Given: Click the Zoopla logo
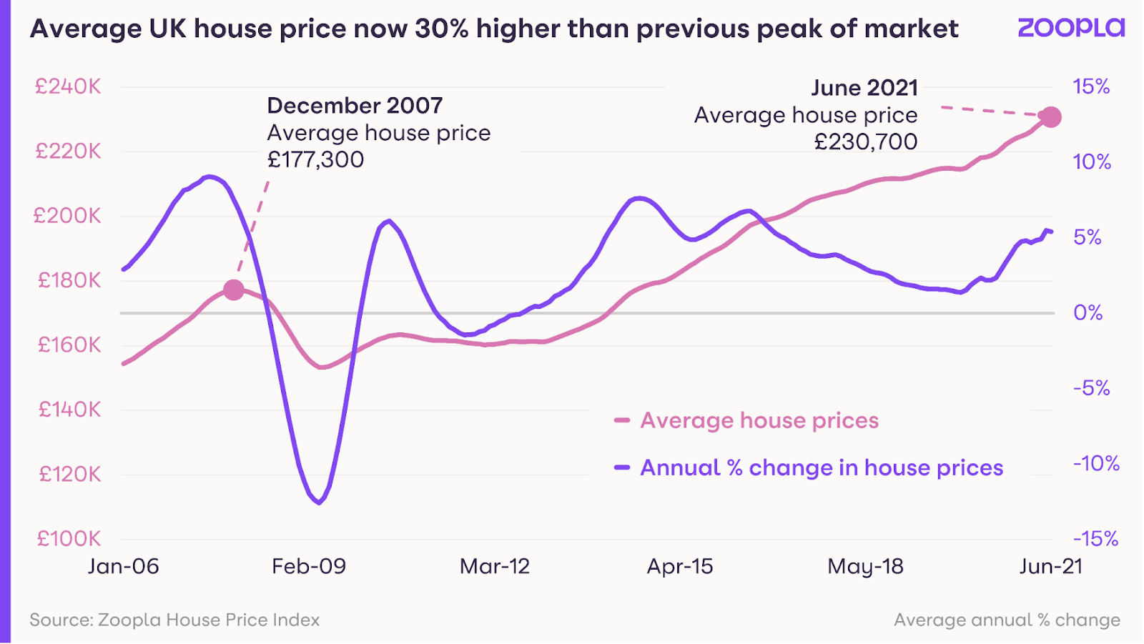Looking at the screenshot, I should point(1070,28).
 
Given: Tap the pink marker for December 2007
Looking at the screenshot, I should point(234,290).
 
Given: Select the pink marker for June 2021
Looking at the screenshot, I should point(1050,117).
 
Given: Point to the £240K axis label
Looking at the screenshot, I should point(69,87).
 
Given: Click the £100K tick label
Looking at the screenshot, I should point(69,539).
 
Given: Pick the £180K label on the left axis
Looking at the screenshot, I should point(69,280).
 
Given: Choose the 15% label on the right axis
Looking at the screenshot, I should point(1091,87).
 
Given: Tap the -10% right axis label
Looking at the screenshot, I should point(1096,464).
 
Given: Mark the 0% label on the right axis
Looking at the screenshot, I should point(1088,313).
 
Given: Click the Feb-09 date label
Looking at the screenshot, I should point(309,567).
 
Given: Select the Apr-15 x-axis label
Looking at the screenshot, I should point(680,567).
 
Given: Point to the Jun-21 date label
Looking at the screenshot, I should point(1050,567).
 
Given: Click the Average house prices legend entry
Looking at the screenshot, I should point(759,421).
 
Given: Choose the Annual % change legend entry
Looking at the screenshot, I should point(821,468).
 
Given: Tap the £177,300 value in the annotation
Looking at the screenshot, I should point(315,159).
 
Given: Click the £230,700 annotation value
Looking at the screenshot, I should point(866,142).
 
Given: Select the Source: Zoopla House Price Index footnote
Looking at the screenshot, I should point(174,620).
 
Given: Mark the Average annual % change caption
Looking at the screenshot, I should point(1007,620).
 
